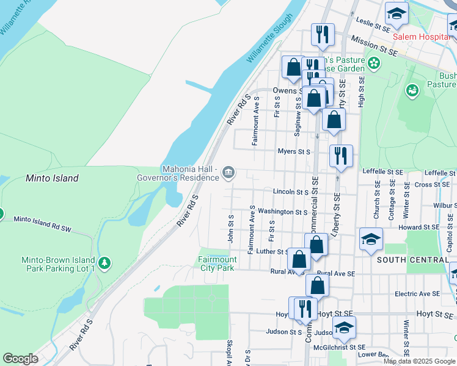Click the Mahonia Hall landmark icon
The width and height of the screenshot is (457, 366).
(228, 173)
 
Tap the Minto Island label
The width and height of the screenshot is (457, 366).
(52, 178)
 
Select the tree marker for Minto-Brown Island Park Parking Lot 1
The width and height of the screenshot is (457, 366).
(105, 264)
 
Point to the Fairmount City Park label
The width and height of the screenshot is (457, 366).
(217, 264)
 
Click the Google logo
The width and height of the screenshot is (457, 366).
(20, 359)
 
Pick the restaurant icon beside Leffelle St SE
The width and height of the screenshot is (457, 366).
(340, 156)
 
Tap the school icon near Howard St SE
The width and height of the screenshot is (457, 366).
(370, 239)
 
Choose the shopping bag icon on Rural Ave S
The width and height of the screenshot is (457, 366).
(299, 259)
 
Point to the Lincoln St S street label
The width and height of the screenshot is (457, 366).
(291, 192)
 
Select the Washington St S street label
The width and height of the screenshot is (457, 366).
(282, 212)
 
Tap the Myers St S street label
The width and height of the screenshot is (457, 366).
(294, 151)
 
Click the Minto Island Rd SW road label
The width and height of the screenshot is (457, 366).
(51, 223)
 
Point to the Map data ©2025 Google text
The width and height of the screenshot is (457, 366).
(419, 361)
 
